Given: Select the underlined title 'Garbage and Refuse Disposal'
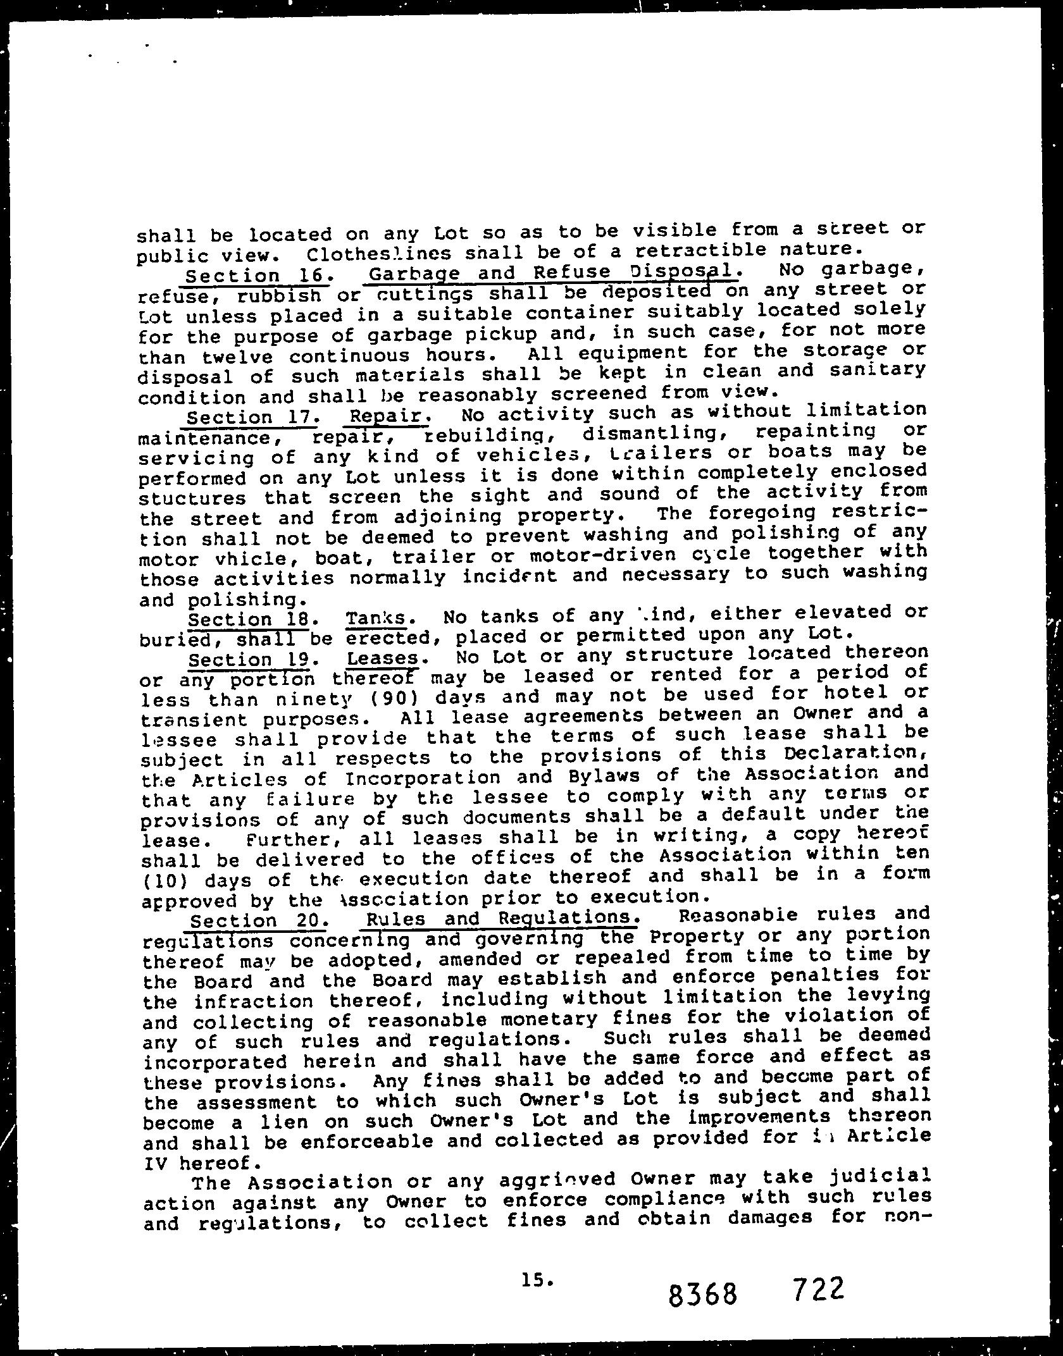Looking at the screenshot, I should point(552,273).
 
